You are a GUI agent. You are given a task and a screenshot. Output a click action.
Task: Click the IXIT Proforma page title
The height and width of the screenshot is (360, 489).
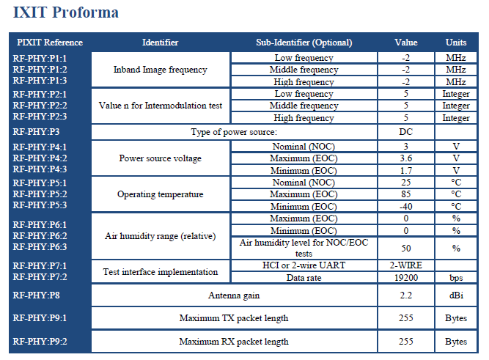66,12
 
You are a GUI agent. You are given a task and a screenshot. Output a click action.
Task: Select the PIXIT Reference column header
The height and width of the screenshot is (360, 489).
50,43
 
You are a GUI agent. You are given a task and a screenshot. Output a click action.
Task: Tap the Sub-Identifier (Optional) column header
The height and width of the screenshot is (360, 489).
304,43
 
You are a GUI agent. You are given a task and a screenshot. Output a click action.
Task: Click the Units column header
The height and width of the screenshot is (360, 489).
456,43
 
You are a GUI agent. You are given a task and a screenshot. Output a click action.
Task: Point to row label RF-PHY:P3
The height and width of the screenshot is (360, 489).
36,132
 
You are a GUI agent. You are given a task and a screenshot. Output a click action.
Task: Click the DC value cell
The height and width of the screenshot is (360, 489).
405,132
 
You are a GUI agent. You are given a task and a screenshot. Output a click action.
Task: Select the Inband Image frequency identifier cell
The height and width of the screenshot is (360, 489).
161,70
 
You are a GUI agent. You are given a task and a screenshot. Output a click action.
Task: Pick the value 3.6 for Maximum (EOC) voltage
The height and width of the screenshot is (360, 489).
405,158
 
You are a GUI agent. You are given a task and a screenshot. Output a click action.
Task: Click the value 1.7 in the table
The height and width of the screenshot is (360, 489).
405,171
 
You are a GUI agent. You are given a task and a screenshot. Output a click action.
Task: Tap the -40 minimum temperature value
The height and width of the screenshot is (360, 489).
405,207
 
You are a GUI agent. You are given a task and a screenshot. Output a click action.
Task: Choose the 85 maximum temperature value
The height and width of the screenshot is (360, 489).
405,194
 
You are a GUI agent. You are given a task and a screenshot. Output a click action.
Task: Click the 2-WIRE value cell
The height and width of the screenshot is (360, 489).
405,265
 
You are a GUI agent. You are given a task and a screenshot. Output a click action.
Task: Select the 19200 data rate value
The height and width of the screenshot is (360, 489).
405,278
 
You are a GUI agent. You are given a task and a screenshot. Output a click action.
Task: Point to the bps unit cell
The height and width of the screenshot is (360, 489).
456,278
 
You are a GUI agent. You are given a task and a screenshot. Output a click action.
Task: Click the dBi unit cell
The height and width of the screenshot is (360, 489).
456,295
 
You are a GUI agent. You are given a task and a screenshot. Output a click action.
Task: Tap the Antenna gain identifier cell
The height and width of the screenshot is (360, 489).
234,295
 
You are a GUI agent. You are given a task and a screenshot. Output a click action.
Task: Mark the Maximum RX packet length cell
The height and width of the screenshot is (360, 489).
234,342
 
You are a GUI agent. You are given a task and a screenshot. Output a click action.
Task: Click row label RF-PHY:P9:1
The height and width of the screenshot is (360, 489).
40,318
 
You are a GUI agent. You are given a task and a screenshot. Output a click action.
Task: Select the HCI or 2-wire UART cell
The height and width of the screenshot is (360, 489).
304,265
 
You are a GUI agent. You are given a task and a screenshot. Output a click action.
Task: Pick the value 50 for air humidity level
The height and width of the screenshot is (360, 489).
405,249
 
